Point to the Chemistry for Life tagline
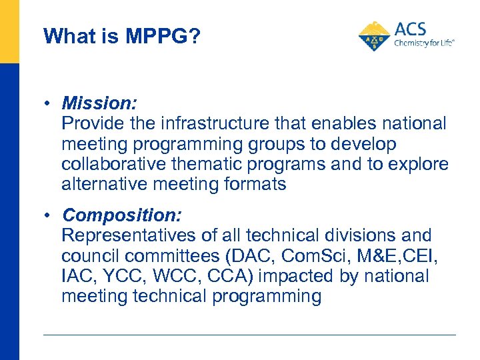pos(424,43)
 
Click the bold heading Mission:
pos(99,103)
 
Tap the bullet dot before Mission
pos(49,104)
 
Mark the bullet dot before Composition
pos(49,216)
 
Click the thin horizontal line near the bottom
pos(249,335)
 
